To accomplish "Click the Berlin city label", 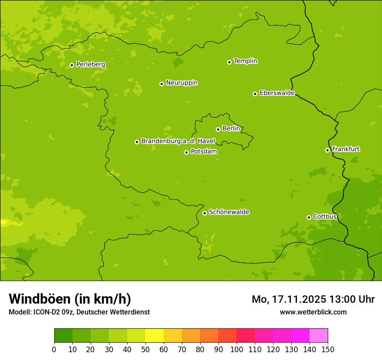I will [231, 128].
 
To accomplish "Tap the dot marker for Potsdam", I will [186, 152].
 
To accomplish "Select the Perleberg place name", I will [90, 64].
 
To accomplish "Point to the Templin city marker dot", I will [229, 62].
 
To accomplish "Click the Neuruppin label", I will [181, 82].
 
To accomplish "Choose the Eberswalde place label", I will [277, 93].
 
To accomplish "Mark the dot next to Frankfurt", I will [327, 150].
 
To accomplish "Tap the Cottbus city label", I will [325, 216].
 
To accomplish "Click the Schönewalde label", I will [229, 212].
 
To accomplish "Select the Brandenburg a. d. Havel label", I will [178, 141].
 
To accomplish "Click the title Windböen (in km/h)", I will [70, 299].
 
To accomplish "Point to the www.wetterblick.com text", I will [313, 312].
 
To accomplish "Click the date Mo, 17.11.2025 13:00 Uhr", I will [313, 299].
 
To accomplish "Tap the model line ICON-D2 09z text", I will [79, 312].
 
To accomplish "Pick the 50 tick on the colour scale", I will [145, 349].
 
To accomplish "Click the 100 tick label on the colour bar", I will [237, 349].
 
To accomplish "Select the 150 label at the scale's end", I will [328, 349].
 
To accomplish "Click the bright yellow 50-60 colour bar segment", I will [155, 336].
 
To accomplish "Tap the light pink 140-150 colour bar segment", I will [319, 336].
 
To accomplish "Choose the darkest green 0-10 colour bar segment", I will [63, 336].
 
